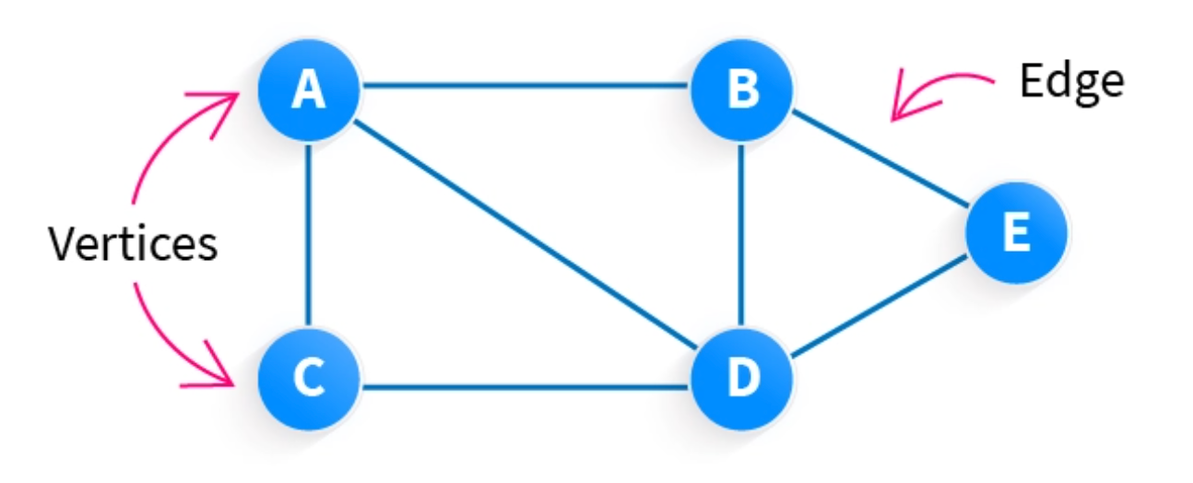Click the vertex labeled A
(309, 90)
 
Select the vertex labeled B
(742, 90)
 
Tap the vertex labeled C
(309, 379)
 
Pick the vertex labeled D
(742, 379)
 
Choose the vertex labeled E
(1017, 232)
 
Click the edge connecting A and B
(526, 85)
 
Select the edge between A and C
(308, 234)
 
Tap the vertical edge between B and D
(741, 234)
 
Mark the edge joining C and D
(526, 386)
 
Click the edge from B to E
(880, 159)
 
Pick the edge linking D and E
(880, 306)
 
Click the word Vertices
(133, 243)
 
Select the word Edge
(1072, 83)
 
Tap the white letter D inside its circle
(744, 377)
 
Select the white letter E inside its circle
(1017, 231)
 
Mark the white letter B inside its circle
(743, 88)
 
